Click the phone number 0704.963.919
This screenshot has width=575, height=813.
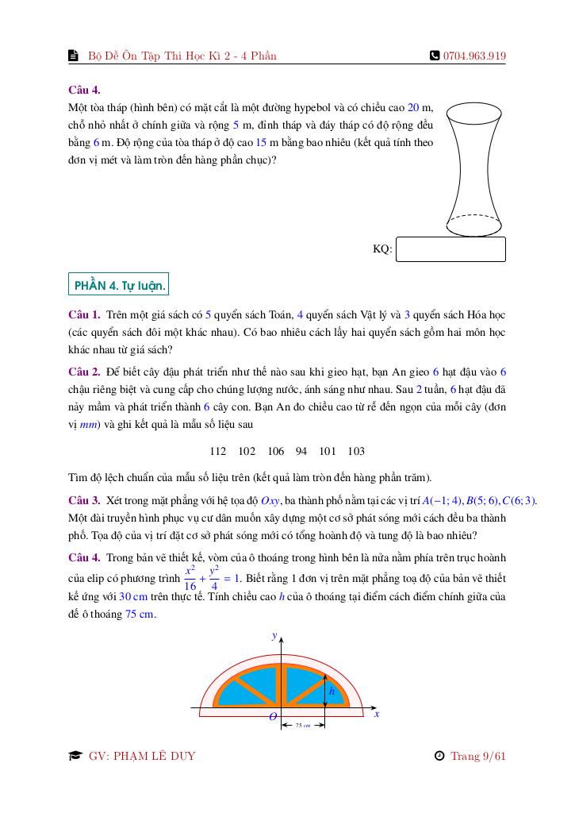pos(474,56)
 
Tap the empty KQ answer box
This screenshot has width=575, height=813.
pos(450,249)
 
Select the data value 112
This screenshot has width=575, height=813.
pos(218,451)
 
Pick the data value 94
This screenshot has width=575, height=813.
pos(301,451)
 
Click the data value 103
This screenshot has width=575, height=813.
pos(356,451)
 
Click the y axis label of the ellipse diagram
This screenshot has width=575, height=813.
pos(274,636)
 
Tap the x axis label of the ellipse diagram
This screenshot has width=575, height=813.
pos(377,714)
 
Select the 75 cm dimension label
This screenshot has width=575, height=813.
pos(302,725)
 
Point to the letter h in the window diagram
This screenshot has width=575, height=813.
pos(332,692)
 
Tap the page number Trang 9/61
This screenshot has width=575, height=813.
pos(477,756)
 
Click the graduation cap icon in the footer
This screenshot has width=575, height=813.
pos(75,756)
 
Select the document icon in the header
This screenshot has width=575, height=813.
pos(74,56)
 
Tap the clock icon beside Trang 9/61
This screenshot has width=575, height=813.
pos(439,756)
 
